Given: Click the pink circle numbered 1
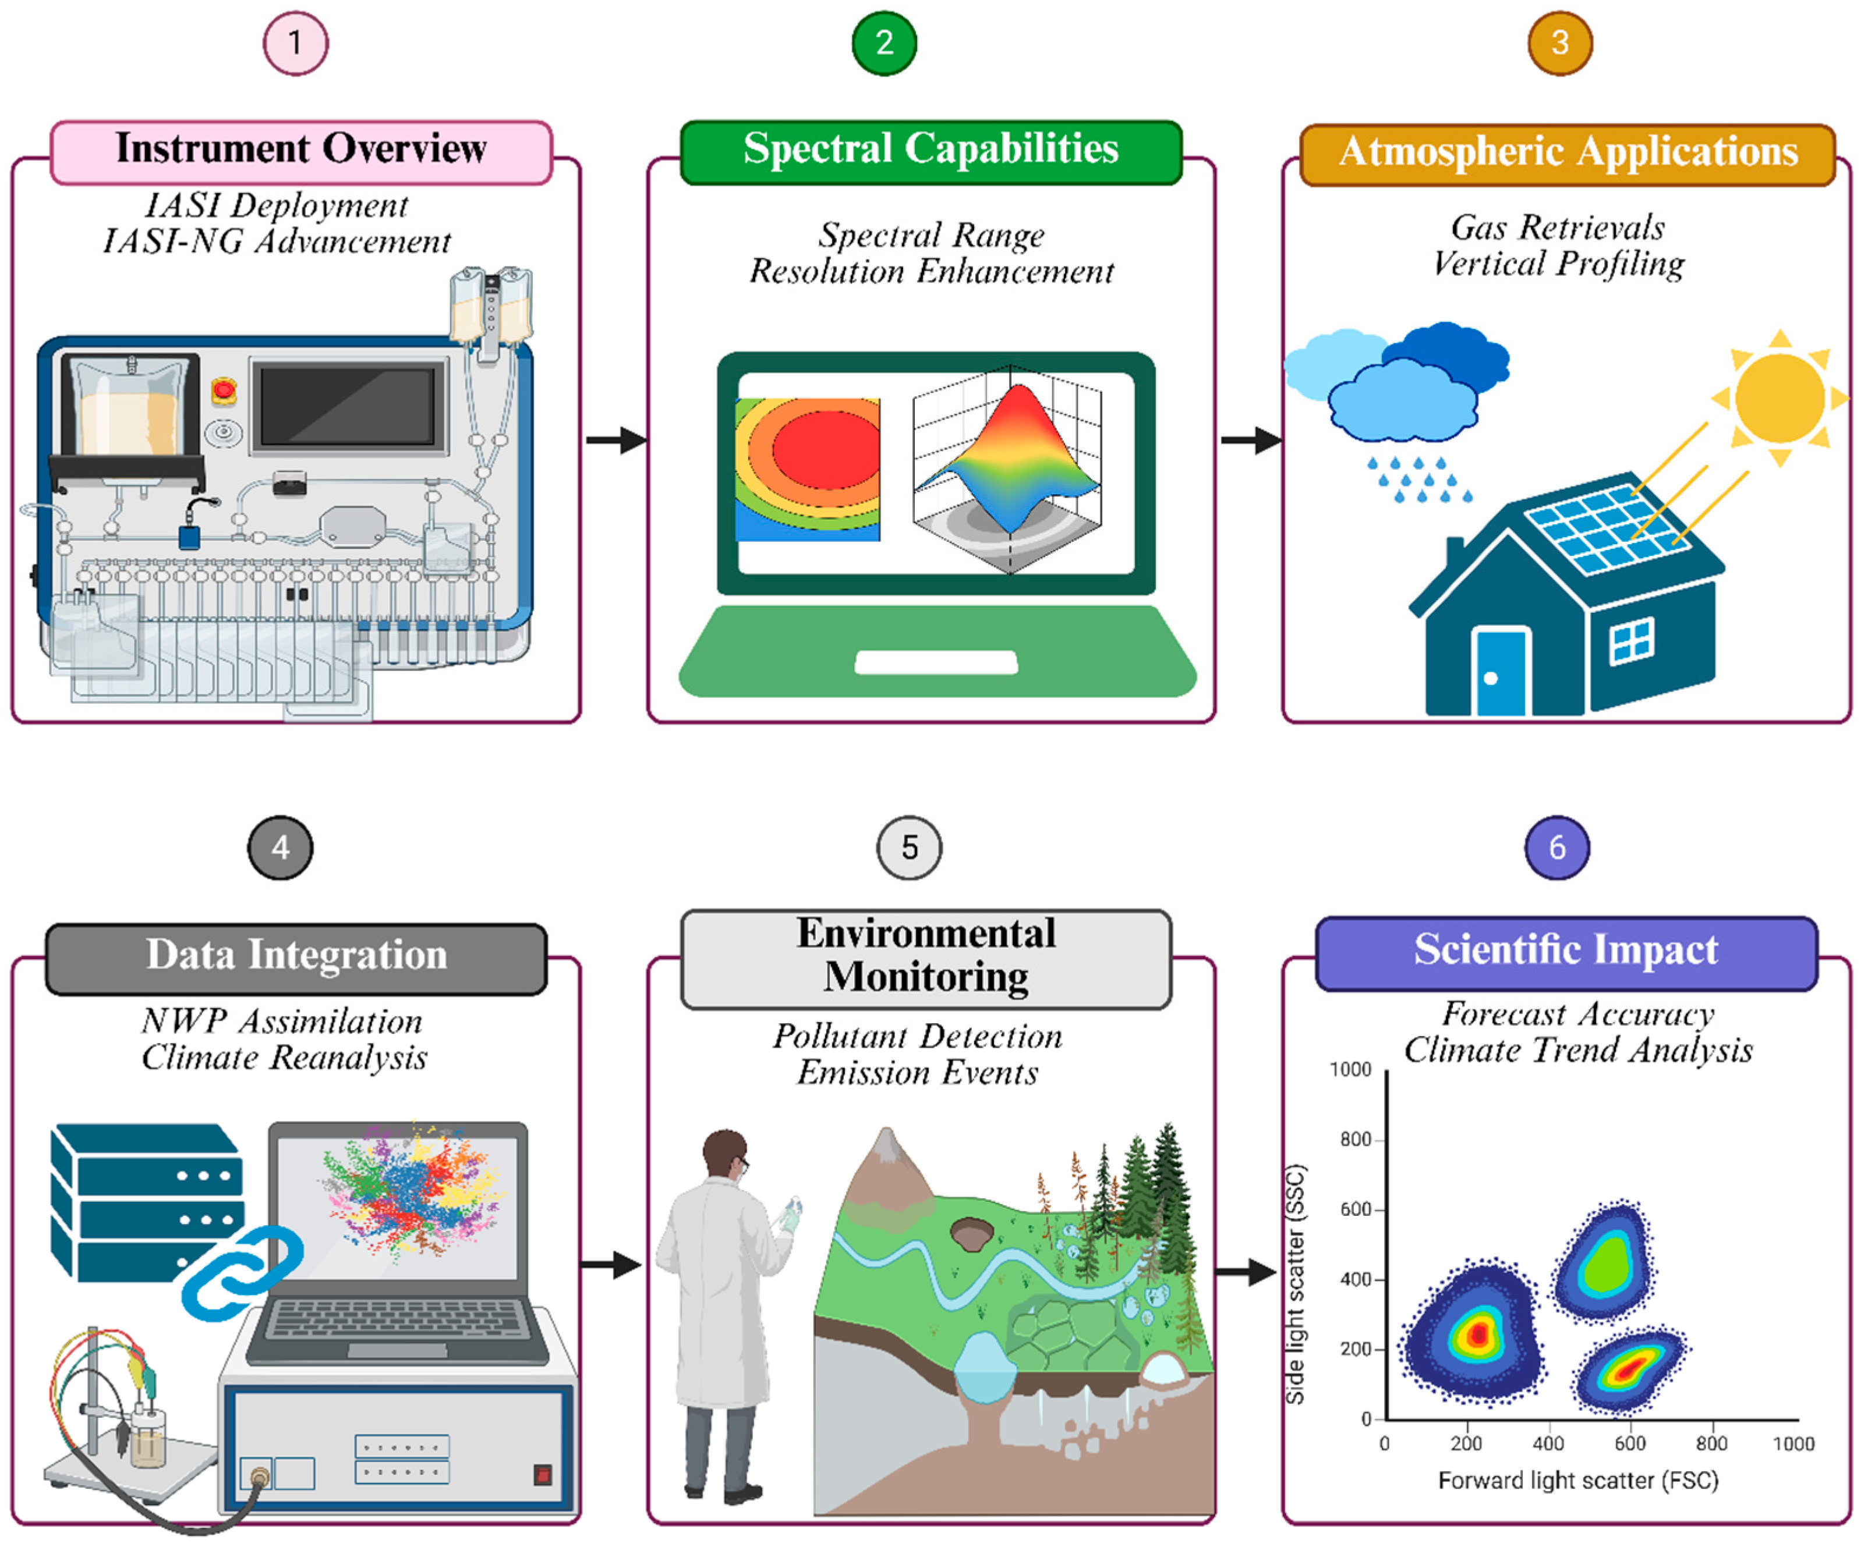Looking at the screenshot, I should tap(295, 42).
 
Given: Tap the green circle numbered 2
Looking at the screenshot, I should tap(884, 42).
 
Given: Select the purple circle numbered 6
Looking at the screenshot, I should tap(1556, 847).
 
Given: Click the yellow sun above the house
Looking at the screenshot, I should tap(1779, 396).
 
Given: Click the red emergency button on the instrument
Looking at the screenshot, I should tap(223, 389).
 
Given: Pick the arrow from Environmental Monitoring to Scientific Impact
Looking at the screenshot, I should tap(1246, 1271).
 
